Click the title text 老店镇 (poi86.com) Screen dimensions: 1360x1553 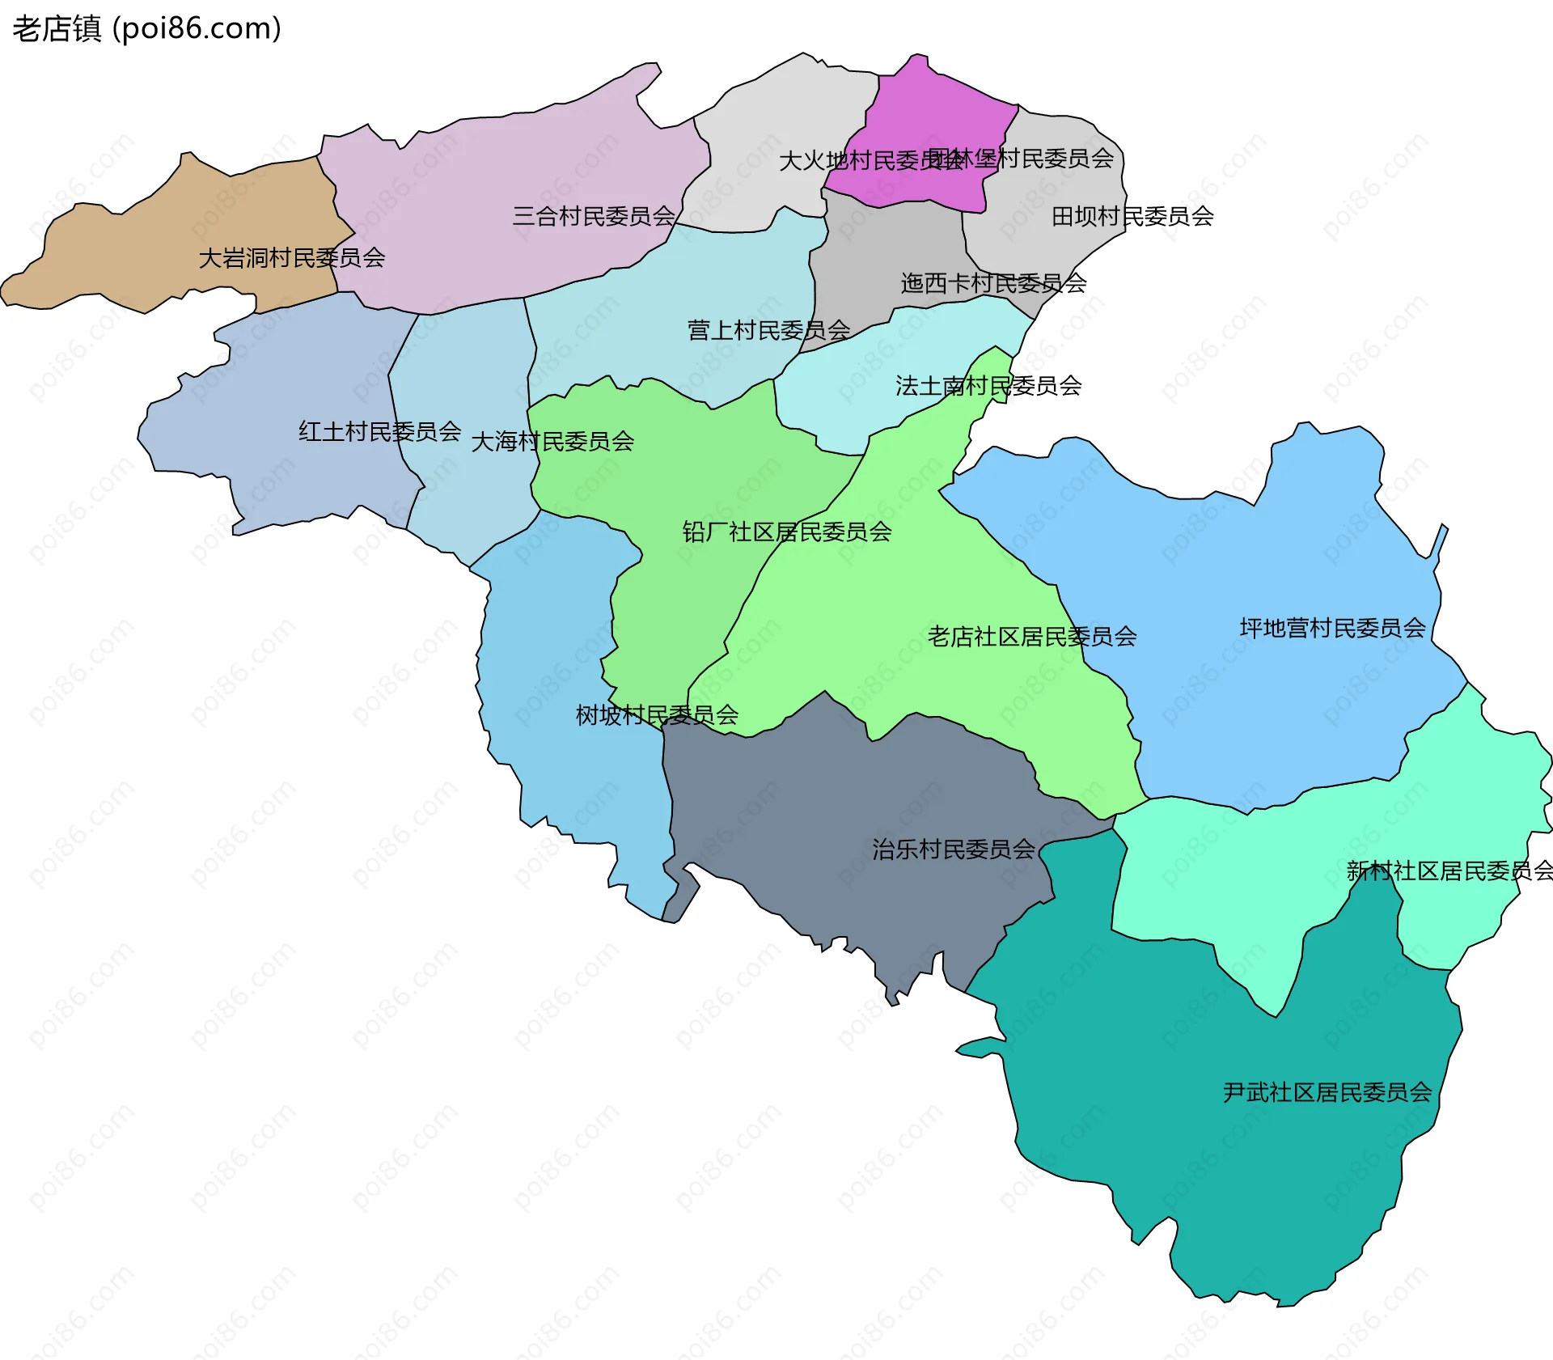pyautogui.click(x=146, y=29)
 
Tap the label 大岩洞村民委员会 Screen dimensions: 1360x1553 pyautogui.click(x=291, y=258)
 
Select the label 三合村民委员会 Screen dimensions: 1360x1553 pyautogui.click(x=594, y=216)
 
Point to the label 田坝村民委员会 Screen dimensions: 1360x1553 pyautogui.click(x=1132, y=216)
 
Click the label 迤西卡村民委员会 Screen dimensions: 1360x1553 pyautogui.click(x=993, y=283)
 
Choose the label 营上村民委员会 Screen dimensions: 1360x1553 pyautogui.click(x=768, y=330)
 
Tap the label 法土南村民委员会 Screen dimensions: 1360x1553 pyautogui.click(x=988, y=386)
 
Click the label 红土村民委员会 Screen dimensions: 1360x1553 pyautogui.click(x=379, y=431)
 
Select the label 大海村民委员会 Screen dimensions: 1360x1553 pyautogui.click(x=552, y=442)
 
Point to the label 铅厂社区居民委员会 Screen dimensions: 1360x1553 pyautogui.click(x=786, y=532)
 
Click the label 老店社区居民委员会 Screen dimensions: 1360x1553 pyautogui.click(x=1032, y=637)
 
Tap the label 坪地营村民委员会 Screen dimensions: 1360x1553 pyautogui.click(x=1332, y=628)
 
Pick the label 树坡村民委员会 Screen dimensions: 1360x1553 pyautogui.click(x=657, y=715)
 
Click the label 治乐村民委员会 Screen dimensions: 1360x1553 pyautogui.click(x=953, y=849)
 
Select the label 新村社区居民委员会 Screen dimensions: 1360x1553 pyautogui.click(x=1449, y=871)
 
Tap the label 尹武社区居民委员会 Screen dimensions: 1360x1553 pyautogui.click(x=1327, y=1093)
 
